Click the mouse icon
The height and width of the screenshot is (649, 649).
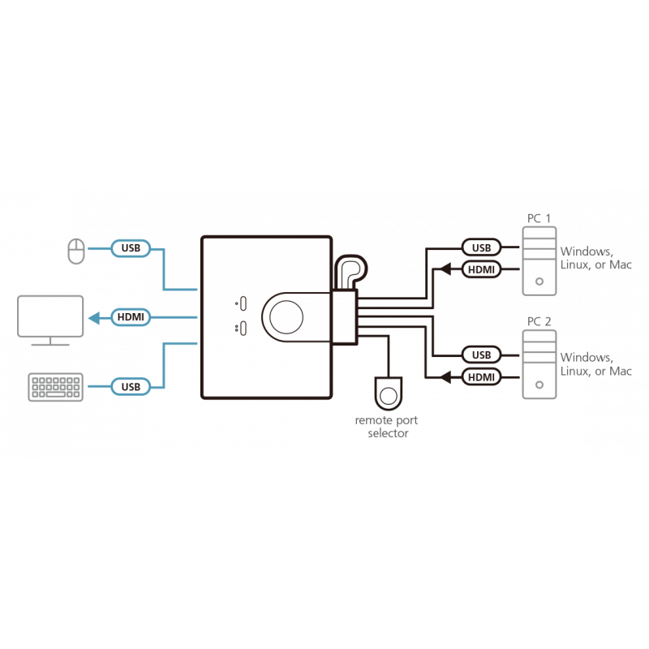coord(75,250)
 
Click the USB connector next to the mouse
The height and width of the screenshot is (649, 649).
coord(130,249)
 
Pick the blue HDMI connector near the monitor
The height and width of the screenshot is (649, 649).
coord(130,318)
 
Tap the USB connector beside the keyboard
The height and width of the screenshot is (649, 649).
coord(130,386)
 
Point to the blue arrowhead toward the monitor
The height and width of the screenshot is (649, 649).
coord(93,318)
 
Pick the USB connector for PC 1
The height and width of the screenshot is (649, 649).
coord(480,247)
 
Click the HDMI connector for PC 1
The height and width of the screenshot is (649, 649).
coord(480,269)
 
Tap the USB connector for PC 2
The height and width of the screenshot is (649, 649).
coord(480,355)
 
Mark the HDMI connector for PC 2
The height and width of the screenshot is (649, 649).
coord(480,376)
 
